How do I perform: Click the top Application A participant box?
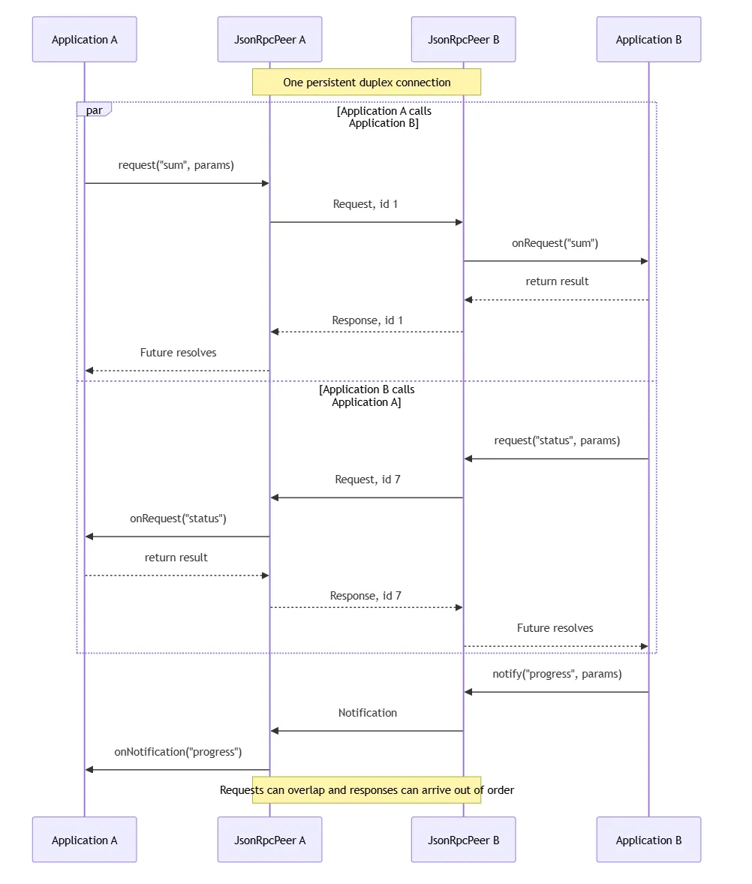pyautogui.click(x=85, y=40)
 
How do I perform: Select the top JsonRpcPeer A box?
pyautogui.click(x=270, y=40)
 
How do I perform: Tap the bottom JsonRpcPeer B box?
pyautogui.click(x=463, y=840)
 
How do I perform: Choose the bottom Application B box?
pyautogui.click(x=649, y=840)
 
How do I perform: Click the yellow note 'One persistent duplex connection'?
pyautogui.click(x=366, y=83)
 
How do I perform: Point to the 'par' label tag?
pyautogui.click(x=94, y=110)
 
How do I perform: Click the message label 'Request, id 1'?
pyautogui.click(x=365, y=204)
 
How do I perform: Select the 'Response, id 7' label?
pyautogui.click(x=365, y=596)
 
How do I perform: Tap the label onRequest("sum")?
pyautogui.click(x=555, y=243)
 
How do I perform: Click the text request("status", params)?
pyautogui.click(x=557, y=440)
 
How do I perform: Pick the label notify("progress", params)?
pyautogui.click(x=557, y=674)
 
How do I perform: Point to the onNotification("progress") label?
pyautogui.click(x=178, y=751)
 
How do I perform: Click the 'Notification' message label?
pyautogui.click(x=368, y=713)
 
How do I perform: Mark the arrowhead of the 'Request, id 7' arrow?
pyautogui.click(x=275, y=498)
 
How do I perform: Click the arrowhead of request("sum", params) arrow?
pyautogui.click(x=266, y=183)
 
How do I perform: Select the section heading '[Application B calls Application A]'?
pyautogui.click(x=366, y=395)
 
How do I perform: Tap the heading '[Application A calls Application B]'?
pyautogui.click(x=384, y=117)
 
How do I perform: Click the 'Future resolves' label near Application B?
pyautogui.click(x=555, y=628)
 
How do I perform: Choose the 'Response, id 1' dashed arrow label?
pyautogui.click(x=368, y=320)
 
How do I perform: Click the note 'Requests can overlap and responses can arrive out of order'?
pyautogui.click(x=366, y=790)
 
